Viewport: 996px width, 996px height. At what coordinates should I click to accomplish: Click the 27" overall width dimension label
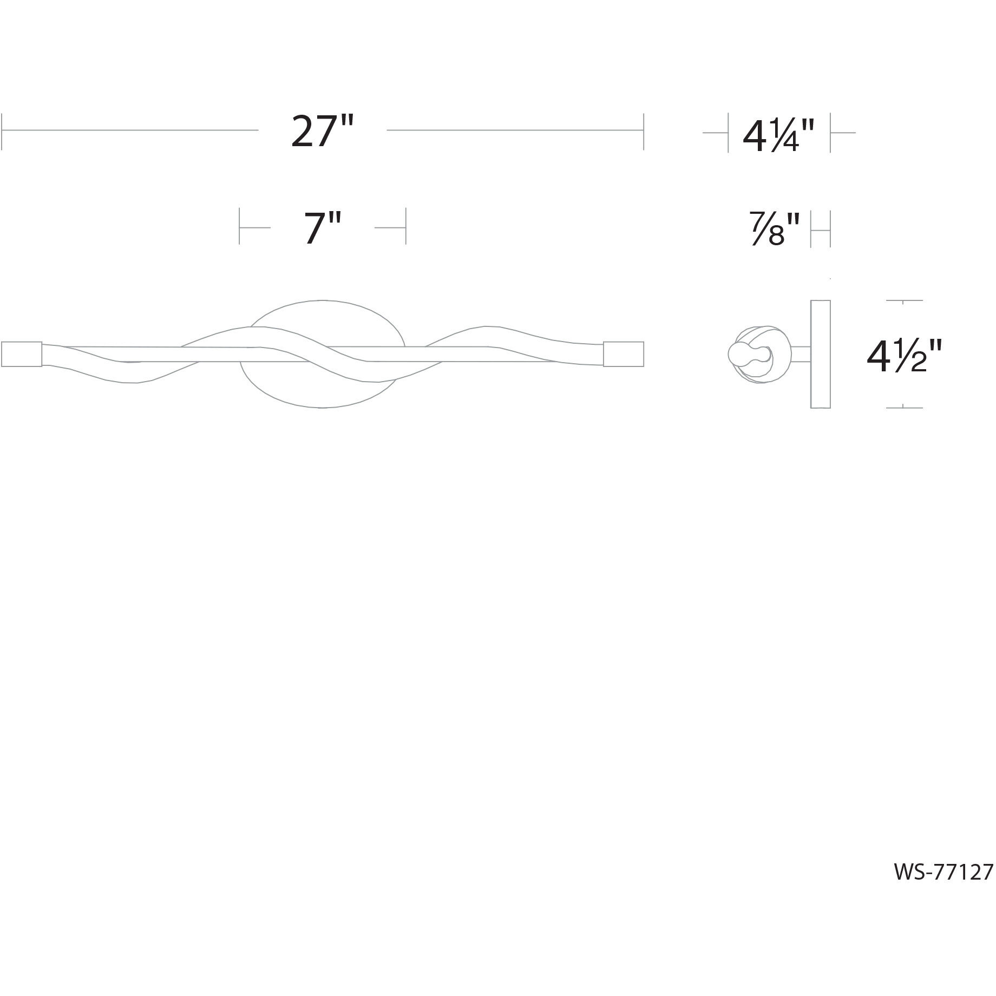(x=322, y=132)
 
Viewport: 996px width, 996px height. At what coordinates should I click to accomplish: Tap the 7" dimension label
(x=323, y=228)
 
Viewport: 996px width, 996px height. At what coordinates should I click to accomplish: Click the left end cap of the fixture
(x=22, y=354)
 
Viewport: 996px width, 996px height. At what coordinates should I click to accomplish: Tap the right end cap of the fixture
(x=624, y=354)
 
